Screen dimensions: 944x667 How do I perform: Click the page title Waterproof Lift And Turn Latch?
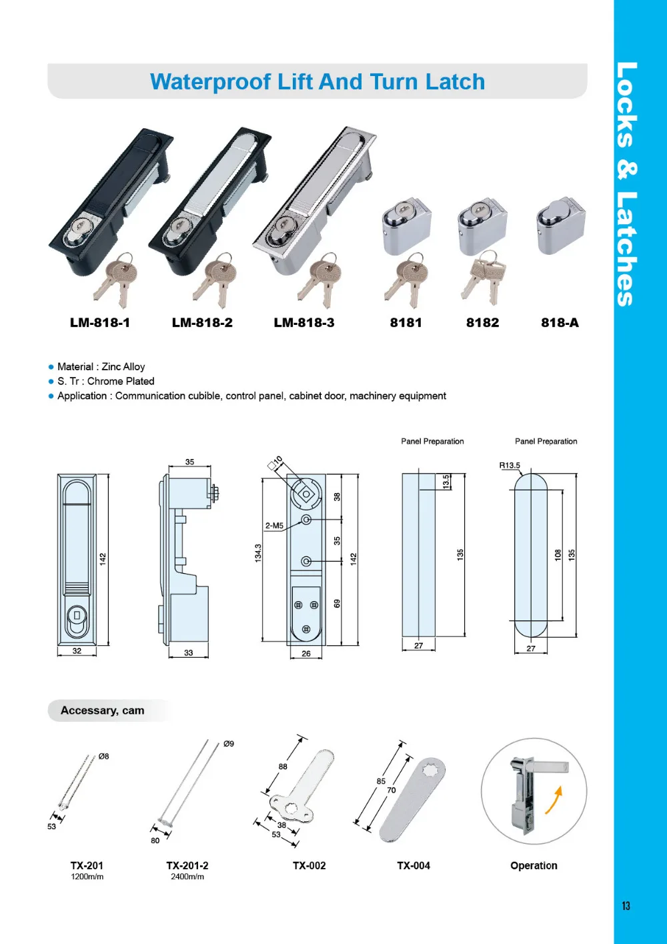coord(317,82)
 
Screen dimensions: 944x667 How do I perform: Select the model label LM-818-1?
coord(100,323)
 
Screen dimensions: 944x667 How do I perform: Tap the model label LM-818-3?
coord(304,323)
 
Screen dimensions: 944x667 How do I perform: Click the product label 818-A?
coord(560,323)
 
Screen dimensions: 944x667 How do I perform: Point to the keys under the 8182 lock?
coord(485,275)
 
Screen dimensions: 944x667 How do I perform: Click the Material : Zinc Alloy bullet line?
coord(100,367)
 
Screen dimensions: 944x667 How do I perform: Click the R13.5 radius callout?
coord(510,466)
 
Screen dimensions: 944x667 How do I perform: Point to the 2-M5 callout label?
coord(274,526)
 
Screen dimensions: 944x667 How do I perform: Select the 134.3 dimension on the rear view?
coord(258,553)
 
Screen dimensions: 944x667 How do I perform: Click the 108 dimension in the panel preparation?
coord(558,555)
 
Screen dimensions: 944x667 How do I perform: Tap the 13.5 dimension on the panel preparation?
coord(446,482)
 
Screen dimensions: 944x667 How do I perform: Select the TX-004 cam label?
coord(414,866)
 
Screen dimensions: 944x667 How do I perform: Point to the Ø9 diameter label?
coord(229,744)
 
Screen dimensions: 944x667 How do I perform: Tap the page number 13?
coord(626,906)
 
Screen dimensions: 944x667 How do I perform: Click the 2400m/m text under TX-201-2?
coord(187,877)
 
